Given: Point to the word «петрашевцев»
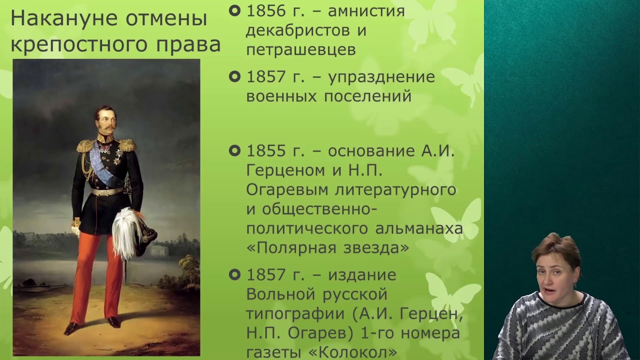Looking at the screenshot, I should click(301, 50).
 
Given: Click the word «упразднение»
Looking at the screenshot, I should click(381, 77).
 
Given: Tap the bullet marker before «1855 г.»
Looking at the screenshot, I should click(234, 150).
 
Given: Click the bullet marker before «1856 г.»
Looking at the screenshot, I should click(234, 10).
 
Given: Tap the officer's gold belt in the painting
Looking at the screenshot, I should click(107, 191).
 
